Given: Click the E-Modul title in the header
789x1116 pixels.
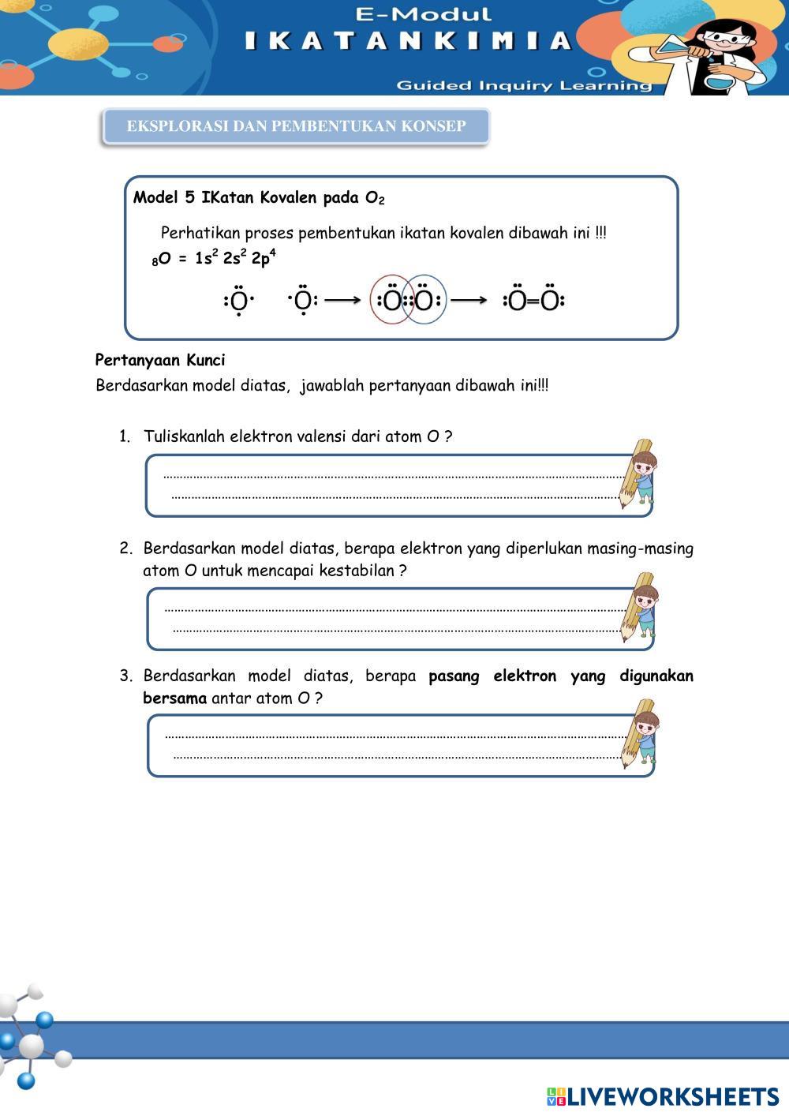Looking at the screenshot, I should [424, 13].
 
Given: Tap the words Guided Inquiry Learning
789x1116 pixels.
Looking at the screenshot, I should [524, 85].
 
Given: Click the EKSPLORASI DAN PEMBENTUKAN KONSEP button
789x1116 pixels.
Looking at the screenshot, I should [296, 126].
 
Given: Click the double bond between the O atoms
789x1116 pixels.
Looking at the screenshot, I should [533, 301].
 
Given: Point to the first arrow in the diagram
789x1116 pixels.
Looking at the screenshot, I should [342, 300].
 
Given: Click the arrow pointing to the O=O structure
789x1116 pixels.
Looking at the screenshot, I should [469, 300].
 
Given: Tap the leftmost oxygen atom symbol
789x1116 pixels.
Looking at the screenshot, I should [238, 301].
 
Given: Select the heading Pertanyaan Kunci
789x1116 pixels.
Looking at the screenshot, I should [160, 360].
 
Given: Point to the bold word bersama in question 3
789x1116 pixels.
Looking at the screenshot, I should [174, 698].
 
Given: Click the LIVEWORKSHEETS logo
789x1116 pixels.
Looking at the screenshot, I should [663, 1096].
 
